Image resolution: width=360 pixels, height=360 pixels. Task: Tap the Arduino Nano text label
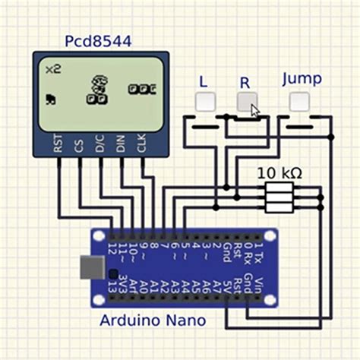point(153,321)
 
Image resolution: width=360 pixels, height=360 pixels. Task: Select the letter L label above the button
point(203,81)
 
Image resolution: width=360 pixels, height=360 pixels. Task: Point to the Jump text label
point(302,79)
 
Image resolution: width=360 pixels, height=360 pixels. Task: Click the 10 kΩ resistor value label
point(279,173)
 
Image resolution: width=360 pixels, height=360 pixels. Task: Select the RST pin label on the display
point(58,144)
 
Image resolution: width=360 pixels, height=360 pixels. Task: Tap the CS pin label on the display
point(79,144)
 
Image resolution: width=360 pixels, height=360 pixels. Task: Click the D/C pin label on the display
point(99,144)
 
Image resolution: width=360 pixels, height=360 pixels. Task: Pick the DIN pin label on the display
point(120,144)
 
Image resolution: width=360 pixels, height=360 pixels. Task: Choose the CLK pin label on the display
point(141,144)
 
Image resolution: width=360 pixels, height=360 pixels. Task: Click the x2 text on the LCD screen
point(53,70)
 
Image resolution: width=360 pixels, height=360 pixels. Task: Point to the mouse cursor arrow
point(255,112)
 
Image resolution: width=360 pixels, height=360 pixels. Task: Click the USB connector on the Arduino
point(89,267)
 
